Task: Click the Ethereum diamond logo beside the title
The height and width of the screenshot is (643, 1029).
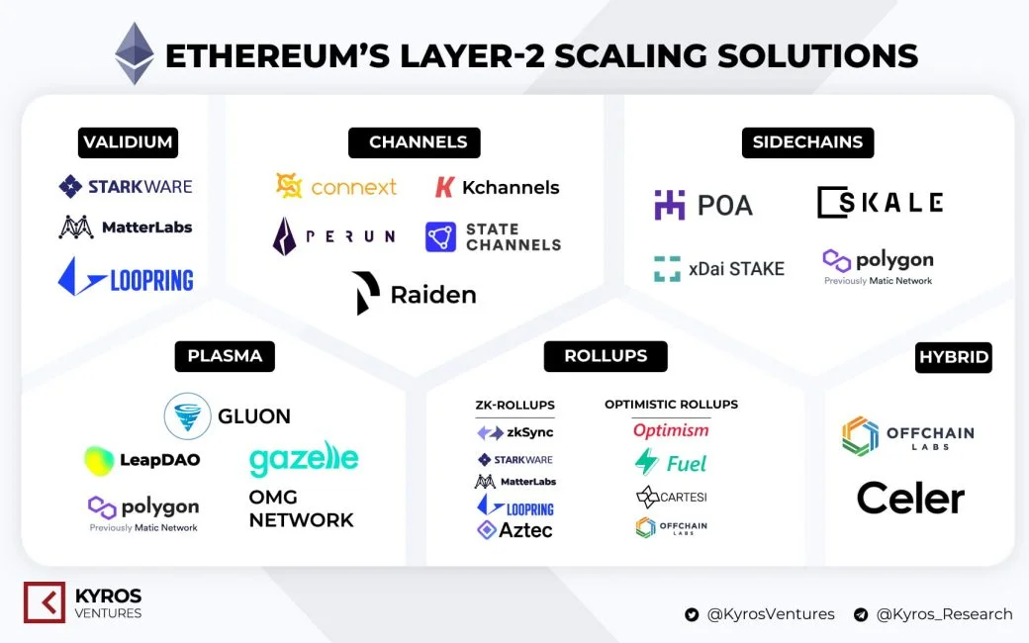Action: coord(135,53)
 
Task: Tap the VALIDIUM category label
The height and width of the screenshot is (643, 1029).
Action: coord(128,142)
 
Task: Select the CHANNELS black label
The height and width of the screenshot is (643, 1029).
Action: coord(415,142)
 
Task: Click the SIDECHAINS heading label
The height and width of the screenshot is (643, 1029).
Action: coord(806,142)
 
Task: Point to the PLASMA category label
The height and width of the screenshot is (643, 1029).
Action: coord(225,355)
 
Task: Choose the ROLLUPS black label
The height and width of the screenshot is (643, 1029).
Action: coord(605,356)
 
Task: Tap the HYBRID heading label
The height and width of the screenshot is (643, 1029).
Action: coord(953,357)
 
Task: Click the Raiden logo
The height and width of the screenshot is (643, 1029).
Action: coord(415,294)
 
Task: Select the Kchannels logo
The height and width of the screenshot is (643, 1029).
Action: coord(497,187)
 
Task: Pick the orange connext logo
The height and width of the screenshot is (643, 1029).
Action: coord(335,186)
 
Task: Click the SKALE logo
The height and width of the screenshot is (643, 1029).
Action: coord(880,202)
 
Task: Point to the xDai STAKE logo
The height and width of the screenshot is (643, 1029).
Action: coord(718,268)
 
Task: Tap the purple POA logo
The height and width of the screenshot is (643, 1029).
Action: coord(703,205)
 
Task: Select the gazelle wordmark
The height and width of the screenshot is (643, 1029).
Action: coord(304,459)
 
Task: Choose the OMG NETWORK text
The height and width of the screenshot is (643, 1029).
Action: coord(301,508)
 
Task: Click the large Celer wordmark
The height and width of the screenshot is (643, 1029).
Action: coord(910,498)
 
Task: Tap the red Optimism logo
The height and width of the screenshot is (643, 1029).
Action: coord(671,430)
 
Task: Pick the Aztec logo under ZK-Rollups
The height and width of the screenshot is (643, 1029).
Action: coord(514,530)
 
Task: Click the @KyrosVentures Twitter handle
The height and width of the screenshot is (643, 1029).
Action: coord(760,614)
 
